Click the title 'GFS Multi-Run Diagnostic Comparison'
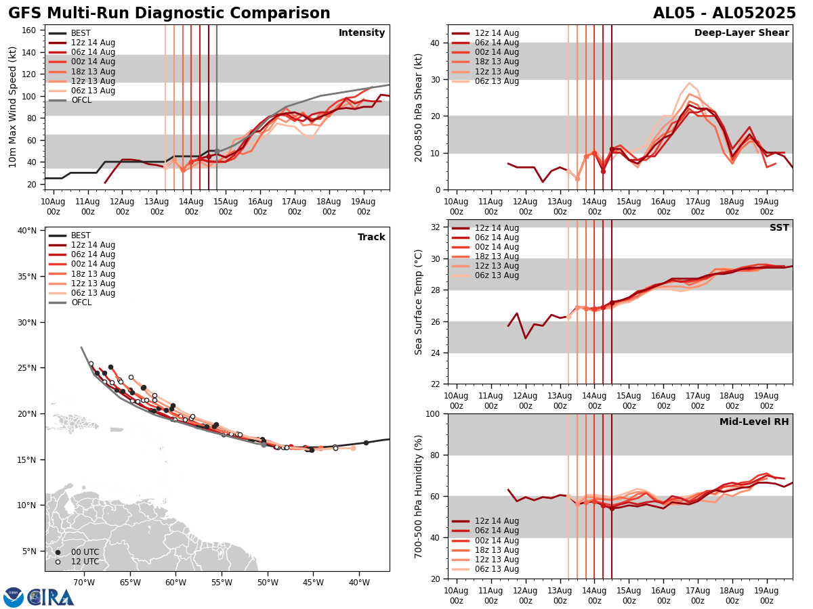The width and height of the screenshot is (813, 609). point(169,14)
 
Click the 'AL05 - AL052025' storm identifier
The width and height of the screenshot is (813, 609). point(724,14)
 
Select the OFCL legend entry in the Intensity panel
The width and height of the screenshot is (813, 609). point(81,100)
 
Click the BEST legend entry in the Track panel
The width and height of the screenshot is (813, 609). point(81,235)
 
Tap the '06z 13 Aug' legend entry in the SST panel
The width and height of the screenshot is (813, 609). point(497,275)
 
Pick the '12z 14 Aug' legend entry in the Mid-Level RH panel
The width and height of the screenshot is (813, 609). point(497,521)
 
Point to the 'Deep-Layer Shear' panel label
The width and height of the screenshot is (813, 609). point(741,33)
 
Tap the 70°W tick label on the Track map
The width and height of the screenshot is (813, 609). point(83,582)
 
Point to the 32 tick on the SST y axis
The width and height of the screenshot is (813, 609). point(436,227)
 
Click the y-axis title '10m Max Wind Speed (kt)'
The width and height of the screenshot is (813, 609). point(13,106)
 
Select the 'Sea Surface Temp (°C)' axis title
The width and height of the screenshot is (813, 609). point(419,301)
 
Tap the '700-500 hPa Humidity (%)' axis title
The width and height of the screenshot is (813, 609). point(419,496)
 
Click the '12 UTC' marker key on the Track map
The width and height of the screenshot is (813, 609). point(81,562)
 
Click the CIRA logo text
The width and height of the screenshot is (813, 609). point(51,597)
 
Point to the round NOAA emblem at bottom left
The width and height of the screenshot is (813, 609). point(14,597)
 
